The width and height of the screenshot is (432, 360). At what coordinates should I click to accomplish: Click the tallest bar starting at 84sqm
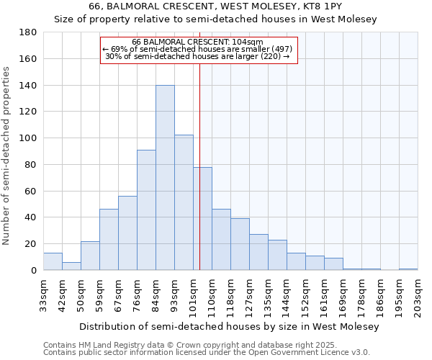[165, 178]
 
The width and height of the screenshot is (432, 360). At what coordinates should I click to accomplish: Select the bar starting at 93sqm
[184, 202]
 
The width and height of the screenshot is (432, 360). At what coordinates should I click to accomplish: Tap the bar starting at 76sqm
[146, 210]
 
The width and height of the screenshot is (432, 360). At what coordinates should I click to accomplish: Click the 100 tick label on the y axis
[28, 138]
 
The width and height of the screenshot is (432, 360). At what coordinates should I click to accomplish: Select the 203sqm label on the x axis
[418, 295]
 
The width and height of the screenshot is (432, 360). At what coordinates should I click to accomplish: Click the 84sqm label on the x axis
[156, 295]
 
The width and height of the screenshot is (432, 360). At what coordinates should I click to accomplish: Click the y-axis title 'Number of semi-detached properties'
[7, 156]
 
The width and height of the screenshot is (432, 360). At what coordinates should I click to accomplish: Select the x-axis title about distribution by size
[229, 326]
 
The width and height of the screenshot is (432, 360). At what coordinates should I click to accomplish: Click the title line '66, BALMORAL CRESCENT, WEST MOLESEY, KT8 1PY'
[216, 6]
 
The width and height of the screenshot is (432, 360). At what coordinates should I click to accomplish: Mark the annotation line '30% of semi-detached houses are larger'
[197, 55]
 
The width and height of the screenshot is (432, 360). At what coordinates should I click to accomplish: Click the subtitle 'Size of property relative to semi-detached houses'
[216, 19]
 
